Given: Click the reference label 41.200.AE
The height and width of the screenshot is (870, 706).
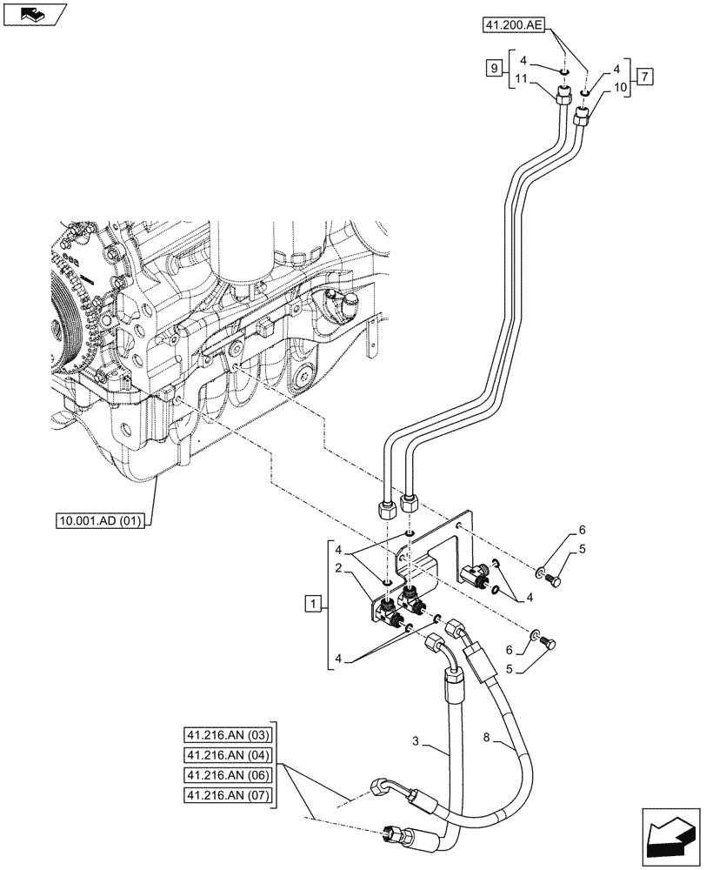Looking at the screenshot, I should pyautogui.click(x=513, y=27).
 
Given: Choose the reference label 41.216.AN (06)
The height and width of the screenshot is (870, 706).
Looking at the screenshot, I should pyautogui.click(x=228, y=774).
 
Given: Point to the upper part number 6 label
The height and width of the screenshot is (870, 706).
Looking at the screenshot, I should pyautogui.click(x=582, y=530).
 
